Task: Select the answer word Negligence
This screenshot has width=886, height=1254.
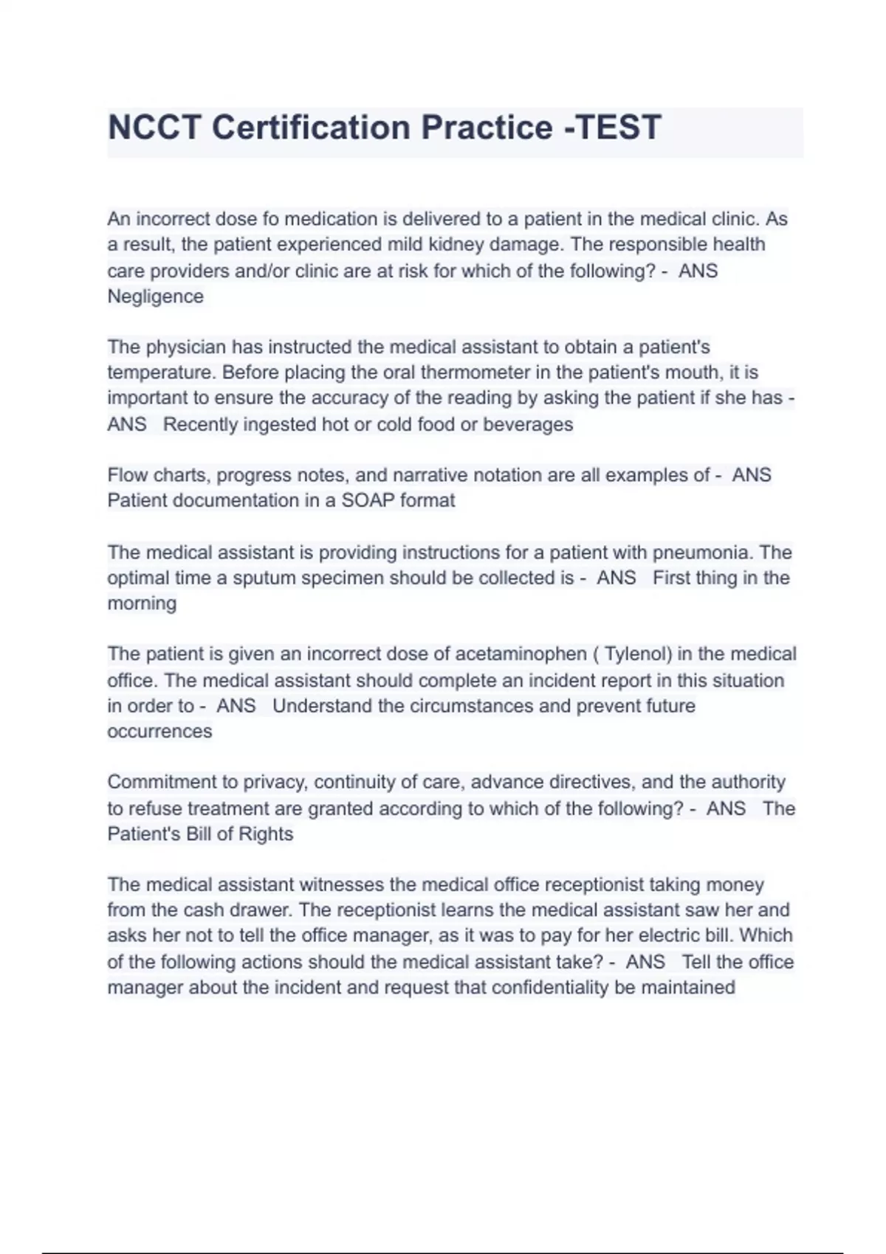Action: [x=155, y=297]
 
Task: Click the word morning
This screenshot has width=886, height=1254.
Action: [x=142, y=603]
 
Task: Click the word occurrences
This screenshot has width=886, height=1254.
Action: [x=159, y=731]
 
